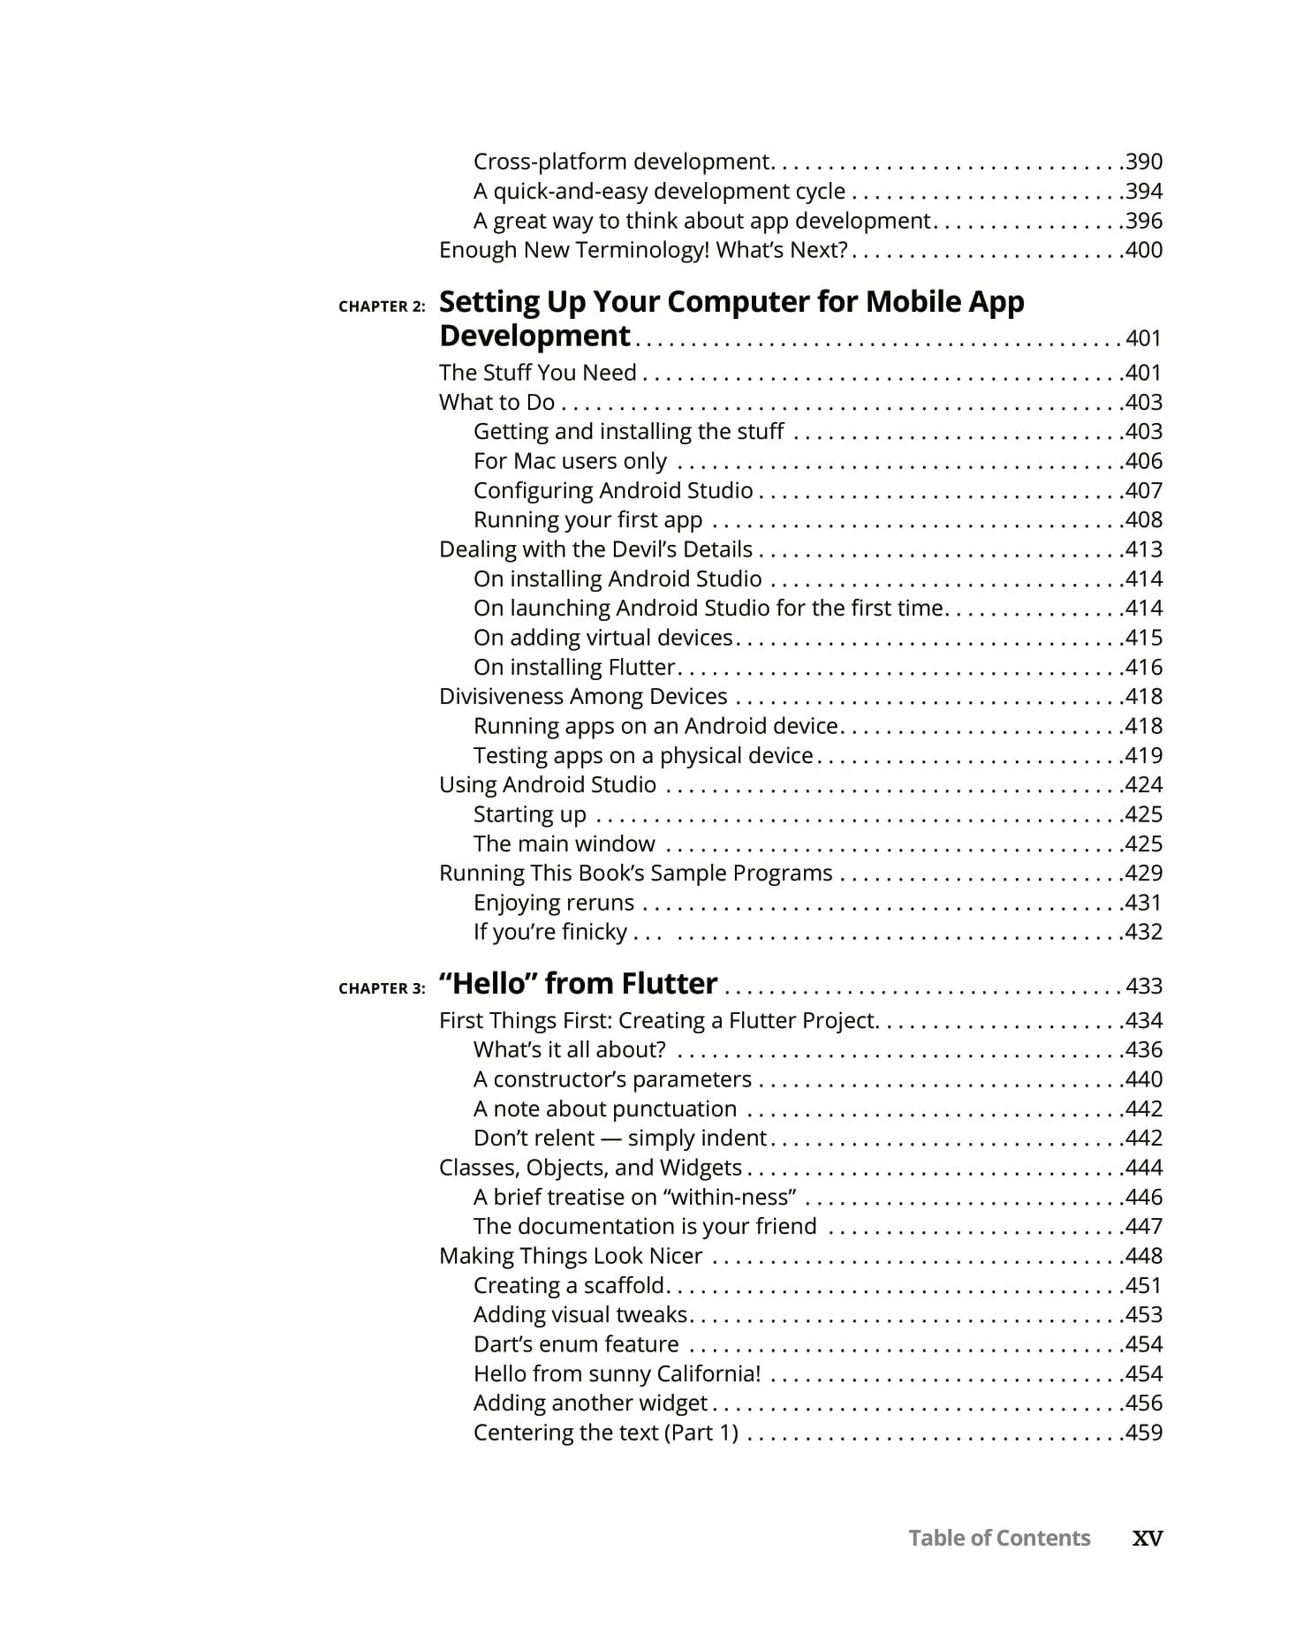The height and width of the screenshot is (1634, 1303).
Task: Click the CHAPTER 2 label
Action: coord(382,306)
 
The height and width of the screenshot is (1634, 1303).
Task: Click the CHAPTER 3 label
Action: coord(382,988)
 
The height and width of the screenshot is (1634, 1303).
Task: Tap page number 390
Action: coord(1144,162)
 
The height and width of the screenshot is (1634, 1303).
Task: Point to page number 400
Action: coord(1144,250)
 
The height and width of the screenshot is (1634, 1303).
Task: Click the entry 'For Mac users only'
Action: coord(570,461)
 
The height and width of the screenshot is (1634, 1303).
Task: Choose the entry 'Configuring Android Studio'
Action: coord(613,490)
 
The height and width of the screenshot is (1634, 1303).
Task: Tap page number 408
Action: coord(1144,519)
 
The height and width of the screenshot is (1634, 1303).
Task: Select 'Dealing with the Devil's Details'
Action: coord(595,549)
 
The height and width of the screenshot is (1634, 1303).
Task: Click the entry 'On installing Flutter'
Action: coord(574,667)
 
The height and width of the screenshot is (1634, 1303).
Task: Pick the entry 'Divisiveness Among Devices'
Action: coord(583,696)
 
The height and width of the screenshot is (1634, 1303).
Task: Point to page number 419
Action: coord(1144,755)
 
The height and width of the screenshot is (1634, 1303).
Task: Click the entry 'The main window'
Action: coord(564,843)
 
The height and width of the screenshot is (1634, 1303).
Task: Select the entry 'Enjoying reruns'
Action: coord(554,903)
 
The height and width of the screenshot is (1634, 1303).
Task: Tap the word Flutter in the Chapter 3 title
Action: coord(669,984)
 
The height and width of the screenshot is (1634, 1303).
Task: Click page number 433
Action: coord(1144,987)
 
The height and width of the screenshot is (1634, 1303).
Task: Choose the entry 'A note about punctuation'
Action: coord(605,1108)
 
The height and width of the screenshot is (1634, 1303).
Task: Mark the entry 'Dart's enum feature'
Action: coord(576,1344)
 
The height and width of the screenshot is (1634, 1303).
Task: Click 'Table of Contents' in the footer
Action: coord(999,1538)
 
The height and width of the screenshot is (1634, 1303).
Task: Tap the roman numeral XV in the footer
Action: coord(1148,1538)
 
